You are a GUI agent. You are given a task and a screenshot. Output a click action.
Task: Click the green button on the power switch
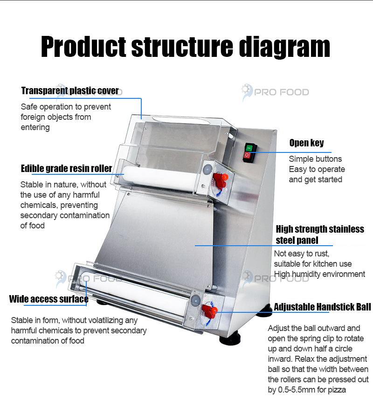click(x=249, y=148)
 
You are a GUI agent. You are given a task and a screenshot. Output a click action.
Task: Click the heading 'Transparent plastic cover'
click(x=70, y=90)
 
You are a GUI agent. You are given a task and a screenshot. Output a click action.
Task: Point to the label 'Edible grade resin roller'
click(x=67, y=168)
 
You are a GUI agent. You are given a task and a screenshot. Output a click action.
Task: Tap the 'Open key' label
click(x=306, y=143)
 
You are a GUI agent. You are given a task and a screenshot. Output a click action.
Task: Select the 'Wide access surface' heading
click(x=49, y=299)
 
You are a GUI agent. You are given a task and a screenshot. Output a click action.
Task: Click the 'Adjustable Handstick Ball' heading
click(x=322, y=307)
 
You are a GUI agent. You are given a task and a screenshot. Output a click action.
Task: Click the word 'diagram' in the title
click(x=285, y=47)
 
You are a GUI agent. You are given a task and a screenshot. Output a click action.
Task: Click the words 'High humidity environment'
click(x=319, y=274)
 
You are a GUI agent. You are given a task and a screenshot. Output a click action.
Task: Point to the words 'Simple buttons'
click(x=315, y=159)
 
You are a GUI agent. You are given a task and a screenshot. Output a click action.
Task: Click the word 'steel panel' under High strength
click(x=297, y=240)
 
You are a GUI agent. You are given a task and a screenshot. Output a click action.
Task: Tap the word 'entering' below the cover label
click(x=35, y=127)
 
